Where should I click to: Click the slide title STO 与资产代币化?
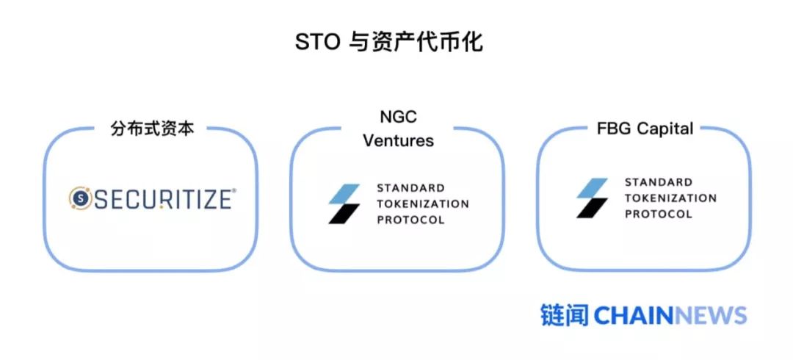point(389,42)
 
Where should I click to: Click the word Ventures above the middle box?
point(398,140)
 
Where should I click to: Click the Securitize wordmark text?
point(162,198)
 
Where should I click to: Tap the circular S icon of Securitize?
point(81,198)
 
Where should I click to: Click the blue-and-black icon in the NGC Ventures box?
point(344,204)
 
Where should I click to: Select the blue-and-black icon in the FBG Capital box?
point(592,198)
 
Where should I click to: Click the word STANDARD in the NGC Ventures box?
point(410,188)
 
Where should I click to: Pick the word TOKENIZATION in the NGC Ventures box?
point(422,204)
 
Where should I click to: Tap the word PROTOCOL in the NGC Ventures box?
point(410,220)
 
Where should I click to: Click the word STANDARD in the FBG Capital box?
point(659,182)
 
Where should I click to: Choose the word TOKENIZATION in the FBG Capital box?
point(670,198)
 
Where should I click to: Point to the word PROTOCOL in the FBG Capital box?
point(659,214)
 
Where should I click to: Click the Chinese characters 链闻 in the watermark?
point(564,315)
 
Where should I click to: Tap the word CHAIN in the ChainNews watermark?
point(633,316)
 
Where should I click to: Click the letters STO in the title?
point(317,42)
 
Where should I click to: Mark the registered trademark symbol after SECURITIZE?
point(234,190)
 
